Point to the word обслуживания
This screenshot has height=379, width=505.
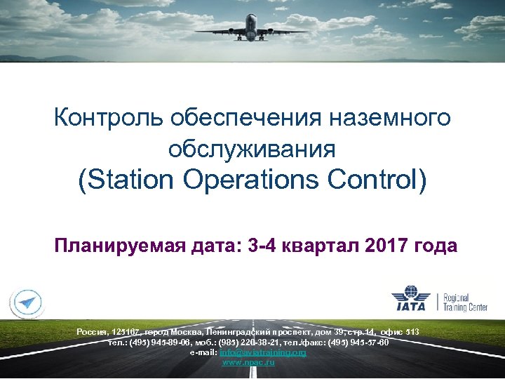252,148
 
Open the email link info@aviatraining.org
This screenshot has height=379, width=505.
263,352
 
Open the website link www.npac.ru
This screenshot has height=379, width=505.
248,361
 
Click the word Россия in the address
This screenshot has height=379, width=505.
92,331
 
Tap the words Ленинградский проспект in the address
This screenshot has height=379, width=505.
249,331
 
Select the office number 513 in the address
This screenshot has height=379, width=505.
412,331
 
